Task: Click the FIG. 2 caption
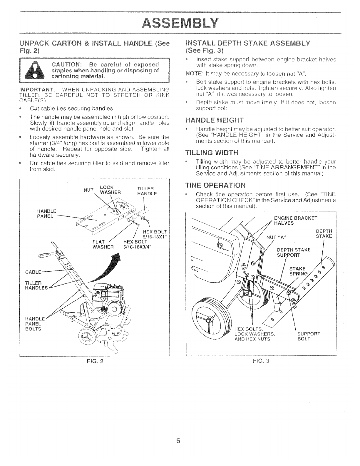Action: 94,361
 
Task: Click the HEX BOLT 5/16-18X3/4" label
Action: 137,244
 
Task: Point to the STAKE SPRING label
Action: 298,271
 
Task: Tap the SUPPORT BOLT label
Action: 308,336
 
